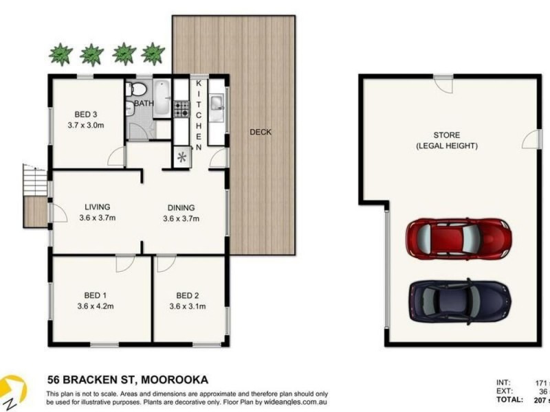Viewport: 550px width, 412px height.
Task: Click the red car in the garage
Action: pyautogui.click(x=459, y=238)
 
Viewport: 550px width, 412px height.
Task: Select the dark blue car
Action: pyautogui.click(x=459, y=301)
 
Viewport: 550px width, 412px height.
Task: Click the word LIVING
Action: pyautogui.click(x=98, y=207)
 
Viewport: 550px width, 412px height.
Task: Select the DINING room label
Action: pyautogui.click(x=181, y=208)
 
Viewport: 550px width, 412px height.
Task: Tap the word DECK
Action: pyautogui.click(x=260, y=133)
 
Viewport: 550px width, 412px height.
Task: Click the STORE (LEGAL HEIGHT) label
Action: pyautogui.click(x=446, y=140)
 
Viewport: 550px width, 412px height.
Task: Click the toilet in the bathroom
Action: pyautogui.click(x=136, y=89)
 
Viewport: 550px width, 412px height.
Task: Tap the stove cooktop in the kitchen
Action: pyautogui.click(x=181, y=108)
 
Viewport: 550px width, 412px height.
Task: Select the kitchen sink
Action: pyautogui.click(x=216, y=104)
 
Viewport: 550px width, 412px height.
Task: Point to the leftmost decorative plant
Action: pyautogui.click(x=61, y=54)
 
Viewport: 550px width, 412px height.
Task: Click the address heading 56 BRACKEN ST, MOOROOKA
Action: pyautogui.click(x=127, y=379)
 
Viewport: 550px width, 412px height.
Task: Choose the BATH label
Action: pyautogui.click(x=144, y=104)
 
